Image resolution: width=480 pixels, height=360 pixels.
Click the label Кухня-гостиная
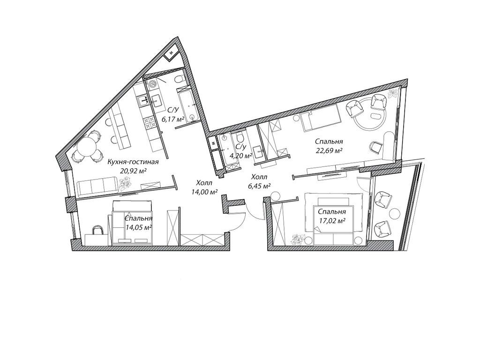[133, 162]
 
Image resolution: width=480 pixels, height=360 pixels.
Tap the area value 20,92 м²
[133, 171]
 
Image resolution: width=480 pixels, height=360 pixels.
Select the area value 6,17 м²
[173, 119]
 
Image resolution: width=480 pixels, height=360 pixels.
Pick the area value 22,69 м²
[329, 150]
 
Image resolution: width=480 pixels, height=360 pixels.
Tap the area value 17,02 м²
[332, 220]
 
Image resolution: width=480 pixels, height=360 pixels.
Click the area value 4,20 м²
[241, 156]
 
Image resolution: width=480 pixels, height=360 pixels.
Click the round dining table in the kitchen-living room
[86, 146]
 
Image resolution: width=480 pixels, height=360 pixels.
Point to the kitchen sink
[143, 100]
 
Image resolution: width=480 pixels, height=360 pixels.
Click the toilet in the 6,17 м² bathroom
[179, 80]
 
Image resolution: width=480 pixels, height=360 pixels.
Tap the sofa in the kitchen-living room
[98, 187]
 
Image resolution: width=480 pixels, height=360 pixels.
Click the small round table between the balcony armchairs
[394, 213]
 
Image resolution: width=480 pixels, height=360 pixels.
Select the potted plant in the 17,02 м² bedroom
[298, 239]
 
